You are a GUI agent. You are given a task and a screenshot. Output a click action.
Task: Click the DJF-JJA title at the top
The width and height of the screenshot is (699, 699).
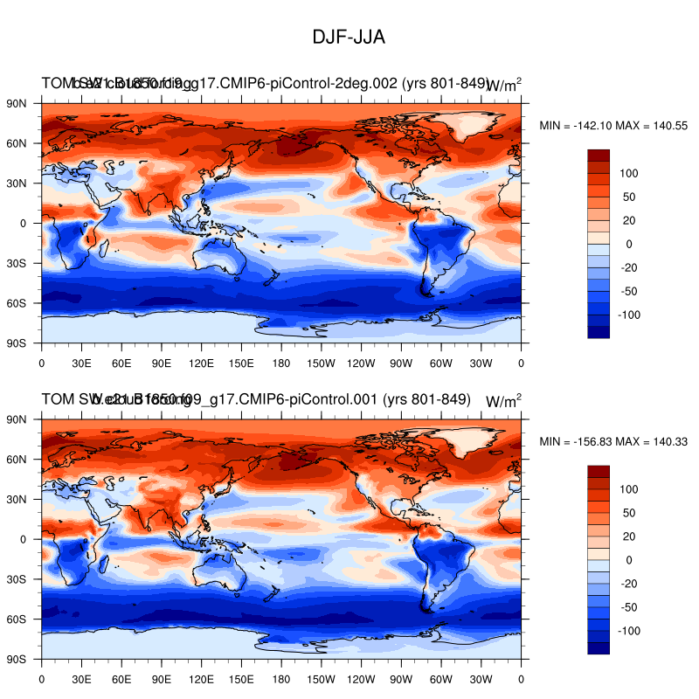tap(349, 38)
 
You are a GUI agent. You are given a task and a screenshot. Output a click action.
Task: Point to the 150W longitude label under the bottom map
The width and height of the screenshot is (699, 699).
tap(322, 677)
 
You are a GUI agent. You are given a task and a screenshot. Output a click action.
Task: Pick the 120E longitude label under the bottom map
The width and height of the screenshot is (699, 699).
tap(201, 677)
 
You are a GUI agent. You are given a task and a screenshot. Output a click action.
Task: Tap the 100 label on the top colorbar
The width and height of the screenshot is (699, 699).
tap(630, 173)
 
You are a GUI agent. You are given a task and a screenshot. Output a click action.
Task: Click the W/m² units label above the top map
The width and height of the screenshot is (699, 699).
tap(503, 85)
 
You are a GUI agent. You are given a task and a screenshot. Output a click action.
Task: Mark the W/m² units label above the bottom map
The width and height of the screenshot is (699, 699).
tap(503, 401)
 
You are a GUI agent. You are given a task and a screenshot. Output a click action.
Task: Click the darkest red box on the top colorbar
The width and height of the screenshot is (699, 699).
tap(599, 155)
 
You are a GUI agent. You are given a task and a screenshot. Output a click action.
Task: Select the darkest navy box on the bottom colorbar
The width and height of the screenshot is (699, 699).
tap(599, 647)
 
